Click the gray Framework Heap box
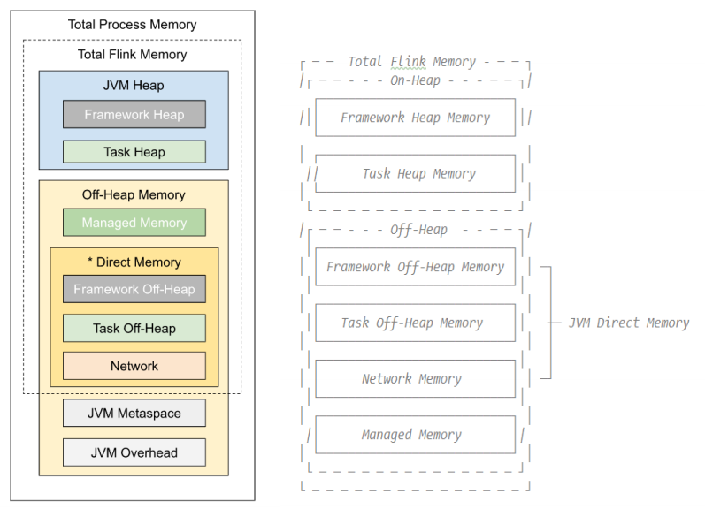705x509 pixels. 134,114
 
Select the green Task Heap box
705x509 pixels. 134,152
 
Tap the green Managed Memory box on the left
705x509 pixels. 134,223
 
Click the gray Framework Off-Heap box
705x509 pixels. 134,289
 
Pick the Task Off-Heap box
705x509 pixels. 134,328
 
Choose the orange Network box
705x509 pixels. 134,366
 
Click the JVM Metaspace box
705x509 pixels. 134,413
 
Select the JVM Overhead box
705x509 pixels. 134,452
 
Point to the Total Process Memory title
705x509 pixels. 133,24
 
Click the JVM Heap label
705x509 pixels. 134,86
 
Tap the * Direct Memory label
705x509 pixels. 134,262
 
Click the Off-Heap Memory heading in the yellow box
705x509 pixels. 134,194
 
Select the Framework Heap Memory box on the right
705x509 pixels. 415,118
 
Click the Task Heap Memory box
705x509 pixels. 415,174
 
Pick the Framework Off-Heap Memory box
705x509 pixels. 415,267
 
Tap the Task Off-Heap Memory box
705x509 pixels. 415,323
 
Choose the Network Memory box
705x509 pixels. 415,378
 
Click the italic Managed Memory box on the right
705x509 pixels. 415,435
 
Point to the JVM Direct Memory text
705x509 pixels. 629,323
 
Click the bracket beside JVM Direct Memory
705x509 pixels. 550,323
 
